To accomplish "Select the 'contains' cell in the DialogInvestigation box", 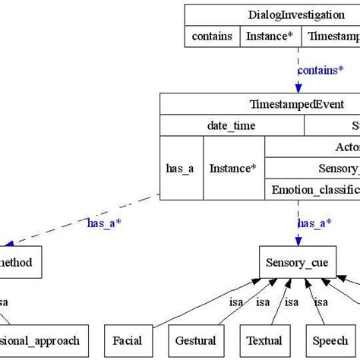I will click(x=212, y=36).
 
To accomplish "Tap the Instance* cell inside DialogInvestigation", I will click(x=270, y=36).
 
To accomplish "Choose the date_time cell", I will click(x=231, y=125).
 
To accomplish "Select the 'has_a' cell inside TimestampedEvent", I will click(x=180, y=169).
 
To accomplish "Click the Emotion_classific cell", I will click(x=311, y=190).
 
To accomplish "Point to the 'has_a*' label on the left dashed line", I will click(x=104, y=223).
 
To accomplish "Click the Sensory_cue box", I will click(x=297, y=263).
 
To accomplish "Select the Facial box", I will click(x=128, y=341).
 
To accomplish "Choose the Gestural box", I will click(x=195, y=341).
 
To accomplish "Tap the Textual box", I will click(x=264, y=341).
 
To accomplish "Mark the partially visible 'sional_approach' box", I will click(x=45, y=341).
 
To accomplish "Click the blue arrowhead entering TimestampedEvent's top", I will click(x=298, y=87).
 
